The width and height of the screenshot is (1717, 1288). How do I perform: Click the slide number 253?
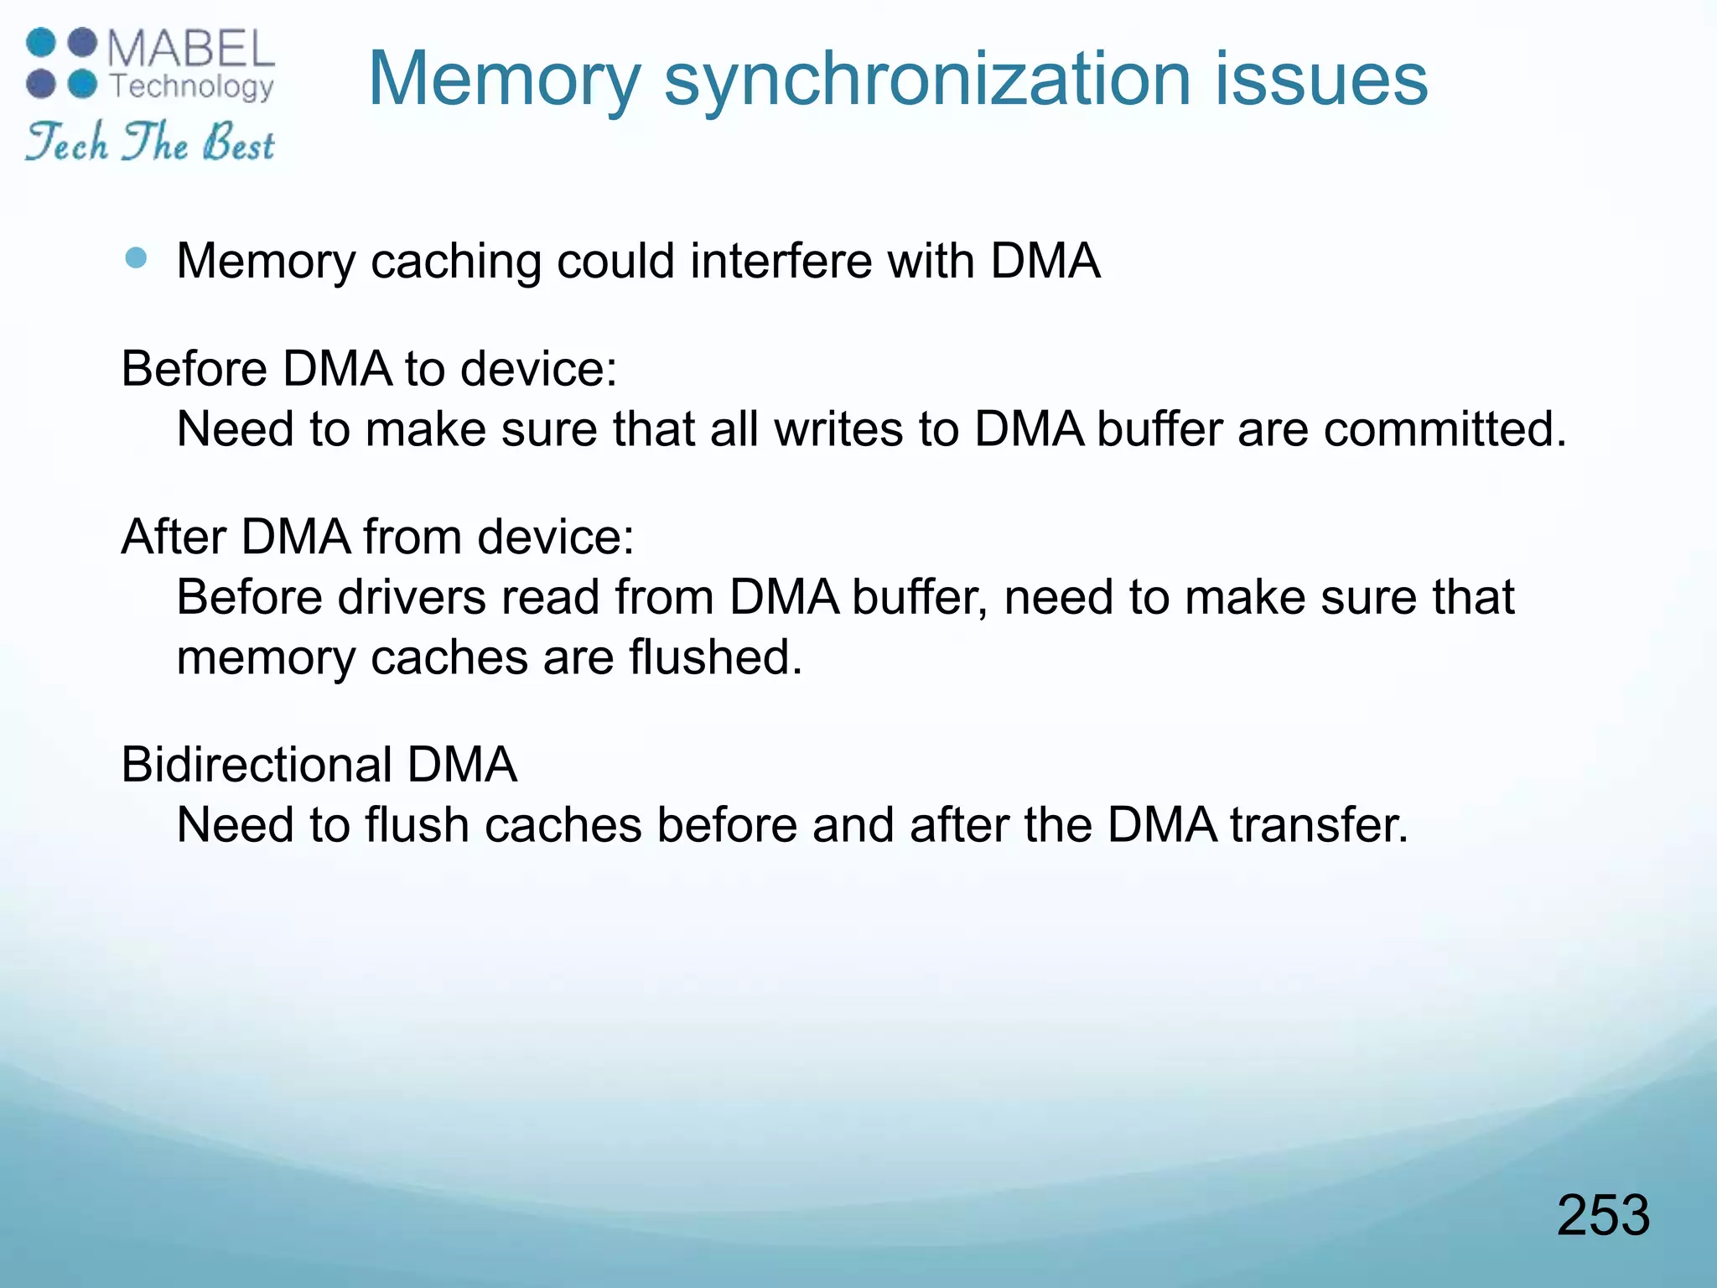tap(1603, 1215)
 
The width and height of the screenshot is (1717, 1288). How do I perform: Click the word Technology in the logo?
tap(192, 86)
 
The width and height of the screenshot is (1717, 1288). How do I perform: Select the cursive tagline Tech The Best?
tap(150, 142)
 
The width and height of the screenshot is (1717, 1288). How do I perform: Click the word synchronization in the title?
tap(927, 80)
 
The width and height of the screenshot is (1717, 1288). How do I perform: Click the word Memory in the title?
tap(504, 80)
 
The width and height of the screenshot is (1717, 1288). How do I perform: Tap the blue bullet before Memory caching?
tap(135, 257)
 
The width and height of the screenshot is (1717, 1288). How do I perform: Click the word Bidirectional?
tap(257, 765)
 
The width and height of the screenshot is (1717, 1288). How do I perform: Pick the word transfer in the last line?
tap(1319, 825)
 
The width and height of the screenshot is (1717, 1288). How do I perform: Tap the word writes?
tap(838, 429)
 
